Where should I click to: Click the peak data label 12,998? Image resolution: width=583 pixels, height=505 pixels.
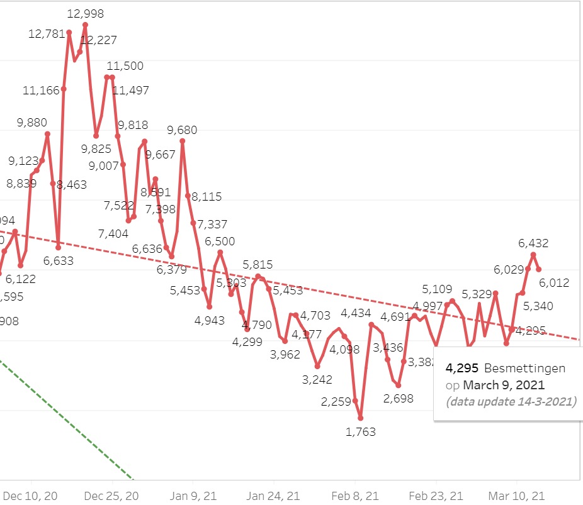pyautogui.click(x=86, y=14)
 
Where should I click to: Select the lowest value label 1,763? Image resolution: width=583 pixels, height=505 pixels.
pyautogui.click(x=361, y=431)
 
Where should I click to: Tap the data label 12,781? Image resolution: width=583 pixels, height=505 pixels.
pyautogui.click(x=47, y=34)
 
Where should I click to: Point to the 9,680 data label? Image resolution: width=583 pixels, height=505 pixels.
pyautogui.click(x=182, y=130)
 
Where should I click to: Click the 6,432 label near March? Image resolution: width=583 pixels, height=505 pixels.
pyautogui.click(x=533, y=243)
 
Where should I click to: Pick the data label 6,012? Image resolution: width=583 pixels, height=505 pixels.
pyautogui.click(x=554, y=283)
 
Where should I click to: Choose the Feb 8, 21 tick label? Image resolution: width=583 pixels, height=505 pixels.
pyautogui.click(x=356, y=496)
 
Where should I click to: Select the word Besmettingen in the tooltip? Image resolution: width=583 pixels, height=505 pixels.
pyautogui.click(x=524, y=369)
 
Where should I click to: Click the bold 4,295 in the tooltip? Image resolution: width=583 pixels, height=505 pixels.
pyautogui.click(x=462, y=369)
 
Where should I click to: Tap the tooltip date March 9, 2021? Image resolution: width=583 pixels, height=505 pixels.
pyautogui.click(x=504, y=385)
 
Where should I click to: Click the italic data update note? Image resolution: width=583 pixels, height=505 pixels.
pyautogui.click(x=511, y=401)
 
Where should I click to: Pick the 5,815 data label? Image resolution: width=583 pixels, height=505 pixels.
pyautogui.click(x=258, y=265)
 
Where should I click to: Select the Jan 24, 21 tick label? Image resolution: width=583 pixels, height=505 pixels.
pyautogui.click(x=275, y=496)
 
